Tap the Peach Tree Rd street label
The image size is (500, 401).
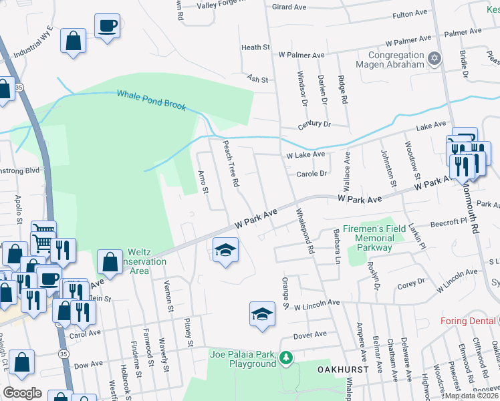[231, 163]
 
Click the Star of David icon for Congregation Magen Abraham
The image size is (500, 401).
[435, 59]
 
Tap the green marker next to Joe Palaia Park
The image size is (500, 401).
[286, 358]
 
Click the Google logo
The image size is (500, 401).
[22, 392]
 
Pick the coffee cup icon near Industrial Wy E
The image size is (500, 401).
[107, 26]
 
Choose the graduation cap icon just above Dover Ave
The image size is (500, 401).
[262, 313]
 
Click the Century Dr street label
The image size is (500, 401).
[314, 125]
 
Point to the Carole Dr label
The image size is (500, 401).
[311, 173]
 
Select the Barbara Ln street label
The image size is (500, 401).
[337, 243]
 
